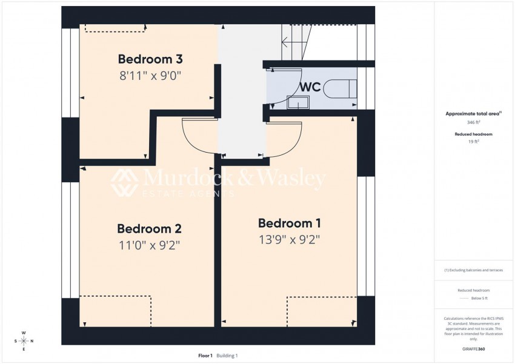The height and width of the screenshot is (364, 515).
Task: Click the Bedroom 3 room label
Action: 150,59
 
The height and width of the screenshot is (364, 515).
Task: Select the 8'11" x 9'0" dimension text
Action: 150,76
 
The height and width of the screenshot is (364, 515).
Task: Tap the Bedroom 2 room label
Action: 149,229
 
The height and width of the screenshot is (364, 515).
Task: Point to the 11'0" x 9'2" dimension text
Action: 149,245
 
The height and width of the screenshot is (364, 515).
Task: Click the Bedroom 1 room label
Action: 290,223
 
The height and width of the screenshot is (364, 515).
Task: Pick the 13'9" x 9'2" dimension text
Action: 290,239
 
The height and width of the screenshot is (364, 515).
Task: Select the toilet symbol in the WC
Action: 339,89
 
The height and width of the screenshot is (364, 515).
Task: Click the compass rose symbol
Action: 24,340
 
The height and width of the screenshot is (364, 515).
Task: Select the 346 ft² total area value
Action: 474,122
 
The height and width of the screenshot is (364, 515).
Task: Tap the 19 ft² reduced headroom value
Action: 474,141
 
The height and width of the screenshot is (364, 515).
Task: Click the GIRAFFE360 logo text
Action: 474,349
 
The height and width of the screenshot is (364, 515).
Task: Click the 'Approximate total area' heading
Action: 473,113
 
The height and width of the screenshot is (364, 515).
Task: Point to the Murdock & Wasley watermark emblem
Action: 123,182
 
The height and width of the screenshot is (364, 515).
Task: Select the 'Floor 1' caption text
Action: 205,356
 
